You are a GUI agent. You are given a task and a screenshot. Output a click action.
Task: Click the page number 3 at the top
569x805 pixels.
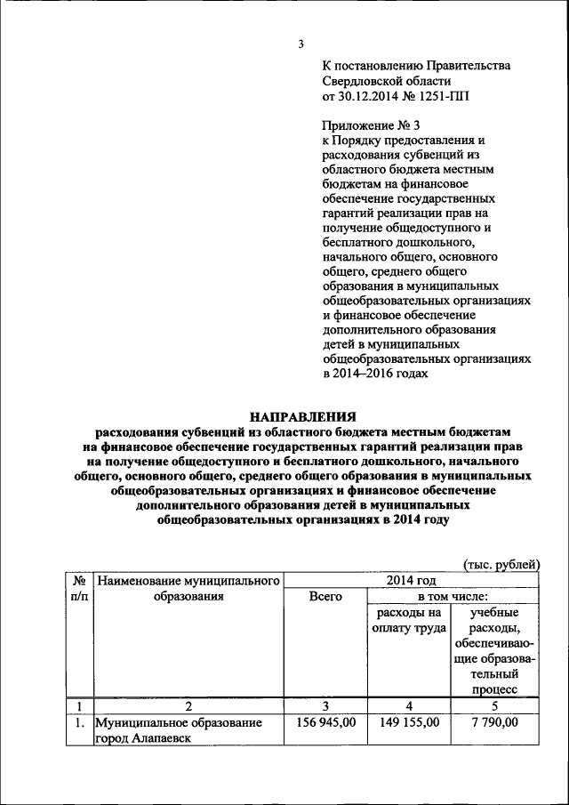point(301,44)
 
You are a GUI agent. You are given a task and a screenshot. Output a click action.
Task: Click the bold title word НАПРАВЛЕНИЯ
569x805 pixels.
point(302,416)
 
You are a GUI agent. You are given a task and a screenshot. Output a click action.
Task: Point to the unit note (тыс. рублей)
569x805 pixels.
point(501,564)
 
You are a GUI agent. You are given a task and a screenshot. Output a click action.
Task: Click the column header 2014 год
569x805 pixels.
point(410,581)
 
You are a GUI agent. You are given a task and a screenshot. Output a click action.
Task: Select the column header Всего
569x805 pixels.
point(325,598)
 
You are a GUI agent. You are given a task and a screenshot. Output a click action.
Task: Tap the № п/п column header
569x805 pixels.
point(77,589)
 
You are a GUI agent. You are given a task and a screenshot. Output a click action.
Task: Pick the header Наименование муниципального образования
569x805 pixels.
point(188,589)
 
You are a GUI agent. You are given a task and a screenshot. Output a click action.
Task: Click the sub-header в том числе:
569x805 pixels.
point(451,598)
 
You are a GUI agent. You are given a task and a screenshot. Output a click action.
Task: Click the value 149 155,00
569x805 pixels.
point(408,723)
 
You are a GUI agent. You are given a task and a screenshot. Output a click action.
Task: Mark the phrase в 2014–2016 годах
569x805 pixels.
point(374,374)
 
